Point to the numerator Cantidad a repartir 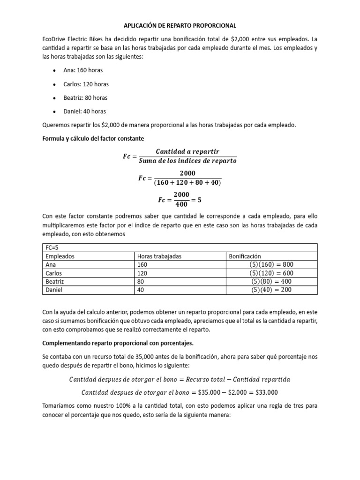coord(187,151)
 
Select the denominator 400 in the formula coord(181,204)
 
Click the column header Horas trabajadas coord(159,256)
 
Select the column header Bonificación coord(244,256)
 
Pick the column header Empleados coord(60,256)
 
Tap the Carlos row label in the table coord(53,273)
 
